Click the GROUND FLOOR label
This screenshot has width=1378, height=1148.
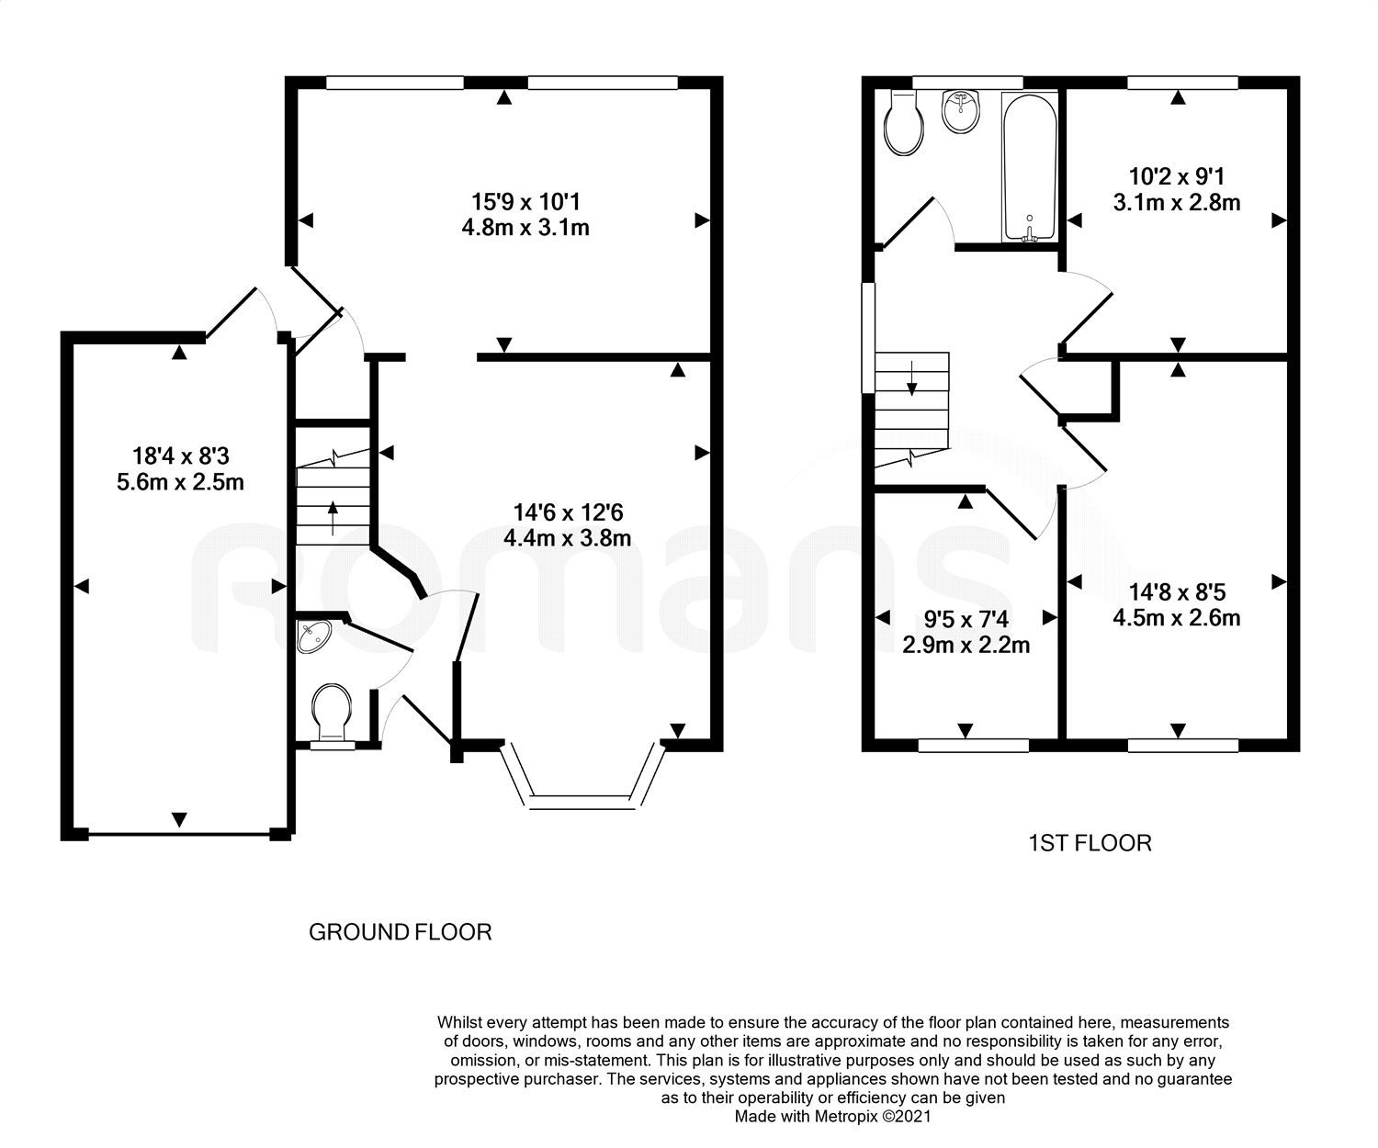tap(400, 931)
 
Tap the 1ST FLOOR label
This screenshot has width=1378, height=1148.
tap(1090, 842)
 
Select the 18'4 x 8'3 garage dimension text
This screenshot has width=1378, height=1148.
tap(180, 456)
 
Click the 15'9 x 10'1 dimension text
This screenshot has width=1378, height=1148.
tap(525, 201)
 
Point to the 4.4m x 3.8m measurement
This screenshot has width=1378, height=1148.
tap(567, 537)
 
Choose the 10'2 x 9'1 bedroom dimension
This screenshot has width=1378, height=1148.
tap(1177, 176)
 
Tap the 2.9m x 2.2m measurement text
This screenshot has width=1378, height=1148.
tap(966, 645)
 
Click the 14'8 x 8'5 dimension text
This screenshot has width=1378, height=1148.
tap(1177, 591)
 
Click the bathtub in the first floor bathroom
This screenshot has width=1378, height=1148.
tap(1030, 167)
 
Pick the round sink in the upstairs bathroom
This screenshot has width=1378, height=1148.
tap(961, 111)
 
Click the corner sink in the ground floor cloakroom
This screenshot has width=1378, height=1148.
tap(313, 636)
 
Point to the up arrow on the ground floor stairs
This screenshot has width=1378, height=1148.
tap(333, 518)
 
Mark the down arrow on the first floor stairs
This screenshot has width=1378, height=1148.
tap(911, 378)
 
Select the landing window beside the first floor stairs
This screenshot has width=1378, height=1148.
tap(868, 339)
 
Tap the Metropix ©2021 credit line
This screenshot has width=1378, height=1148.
tap(833, 1116)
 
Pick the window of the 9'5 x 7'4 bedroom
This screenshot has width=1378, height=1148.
tap(974, 746)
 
